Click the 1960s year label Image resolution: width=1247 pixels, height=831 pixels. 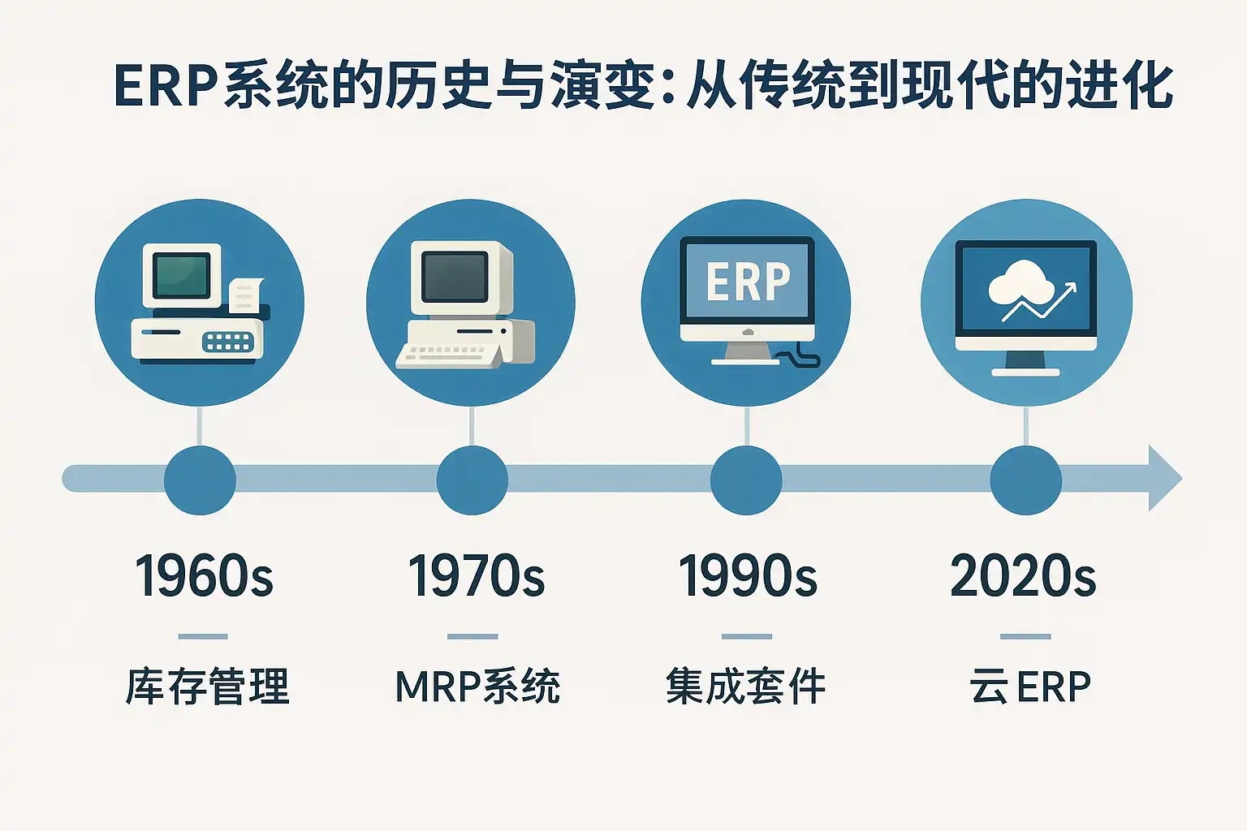click(204, 576)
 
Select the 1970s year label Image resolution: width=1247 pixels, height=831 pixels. click(476, 576)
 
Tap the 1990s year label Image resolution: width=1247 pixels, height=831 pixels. click(748, 576)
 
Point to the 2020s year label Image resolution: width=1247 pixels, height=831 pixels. click(1023, 576)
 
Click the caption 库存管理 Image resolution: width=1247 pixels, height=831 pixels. click(207, 687)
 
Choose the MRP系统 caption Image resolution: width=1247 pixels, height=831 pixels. click(477, 687)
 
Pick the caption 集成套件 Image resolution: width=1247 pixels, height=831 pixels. click(745, 687)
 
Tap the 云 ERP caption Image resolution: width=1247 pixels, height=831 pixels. click(1030, 687)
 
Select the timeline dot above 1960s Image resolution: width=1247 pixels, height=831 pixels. click(200, 480)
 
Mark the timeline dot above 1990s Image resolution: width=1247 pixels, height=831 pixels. click(747, 480)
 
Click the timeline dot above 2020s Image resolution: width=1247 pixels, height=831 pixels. click(1026, 480)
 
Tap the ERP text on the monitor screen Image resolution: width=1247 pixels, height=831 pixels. click(748, 281)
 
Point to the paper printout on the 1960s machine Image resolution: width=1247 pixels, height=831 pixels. click(245, 295)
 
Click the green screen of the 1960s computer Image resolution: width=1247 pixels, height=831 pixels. click(182, 275)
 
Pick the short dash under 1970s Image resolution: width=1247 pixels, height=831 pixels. click(472, 636)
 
